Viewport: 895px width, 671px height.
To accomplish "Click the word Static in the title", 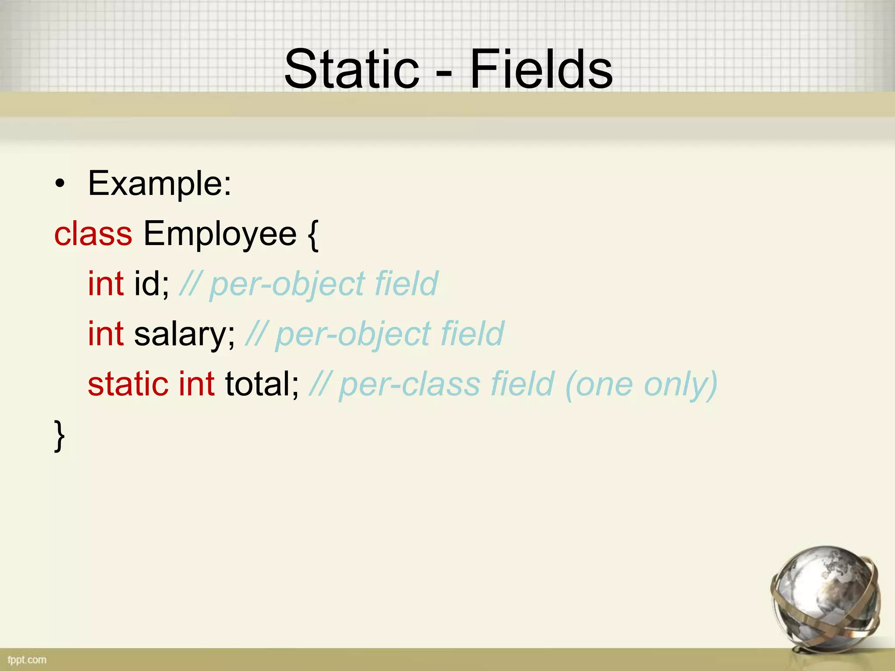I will click(352, 69).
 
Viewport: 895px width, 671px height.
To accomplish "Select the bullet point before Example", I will click(60, 184).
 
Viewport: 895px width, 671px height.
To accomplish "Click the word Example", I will click(160, 184).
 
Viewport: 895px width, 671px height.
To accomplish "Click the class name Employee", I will click(220, 235).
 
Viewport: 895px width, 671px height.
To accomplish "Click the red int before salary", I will click(106, 334).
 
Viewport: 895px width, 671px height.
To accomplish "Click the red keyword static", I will click(128, 384).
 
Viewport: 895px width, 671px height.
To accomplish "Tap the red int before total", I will click(197, 384).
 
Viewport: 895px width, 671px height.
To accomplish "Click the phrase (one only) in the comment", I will click(641, 384).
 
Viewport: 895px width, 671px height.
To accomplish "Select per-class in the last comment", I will click(409, 384).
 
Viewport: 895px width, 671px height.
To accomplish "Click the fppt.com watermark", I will click(27, 660).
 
